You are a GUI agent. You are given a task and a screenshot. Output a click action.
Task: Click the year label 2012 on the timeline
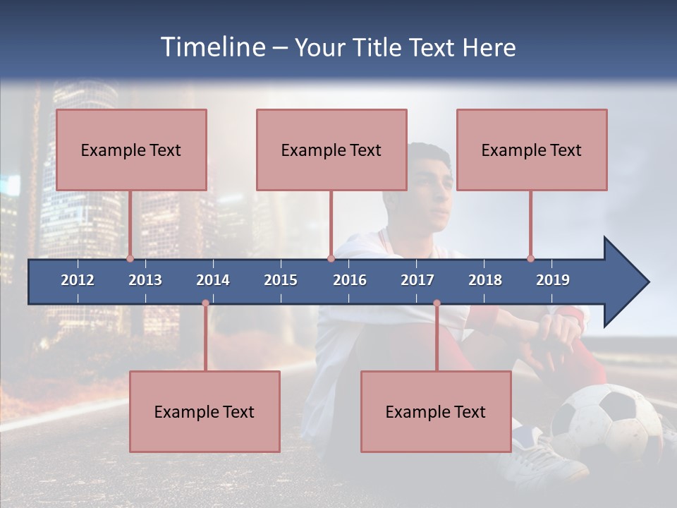click(78, 280)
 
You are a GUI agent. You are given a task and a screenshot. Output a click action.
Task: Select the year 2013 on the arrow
click(145, 280)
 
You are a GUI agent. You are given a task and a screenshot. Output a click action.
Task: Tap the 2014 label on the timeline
click(213, 280)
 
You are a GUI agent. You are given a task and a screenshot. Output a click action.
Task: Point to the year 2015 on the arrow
click(281, 280)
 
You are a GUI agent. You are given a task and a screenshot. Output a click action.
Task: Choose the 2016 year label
click(350, 280)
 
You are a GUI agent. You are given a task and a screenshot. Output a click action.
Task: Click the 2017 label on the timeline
click(417, 280)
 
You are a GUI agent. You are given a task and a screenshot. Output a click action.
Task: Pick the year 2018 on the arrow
click(485, 280)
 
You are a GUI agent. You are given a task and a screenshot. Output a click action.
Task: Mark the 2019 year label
click(553, 280)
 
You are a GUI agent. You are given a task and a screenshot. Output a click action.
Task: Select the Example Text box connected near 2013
click(131, 150)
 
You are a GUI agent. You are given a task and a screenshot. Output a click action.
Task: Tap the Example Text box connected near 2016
click(331, 150)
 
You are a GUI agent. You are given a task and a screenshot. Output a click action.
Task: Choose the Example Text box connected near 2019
click(532, 150)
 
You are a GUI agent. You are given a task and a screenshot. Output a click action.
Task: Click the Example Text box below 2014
click(205, 411)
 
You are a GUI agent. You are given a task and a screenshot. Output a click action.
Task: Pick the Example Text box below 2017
click(436, 411)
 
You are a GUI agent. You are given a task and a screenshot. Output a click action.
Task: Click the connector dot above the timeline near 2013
click(130, 258)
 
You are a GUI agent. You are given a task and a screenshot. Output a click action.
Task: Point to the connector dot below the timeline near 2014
click(205, 303)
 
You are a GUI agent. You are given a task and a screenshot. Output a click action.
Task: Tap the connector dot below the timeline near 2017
click(437, 303)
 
